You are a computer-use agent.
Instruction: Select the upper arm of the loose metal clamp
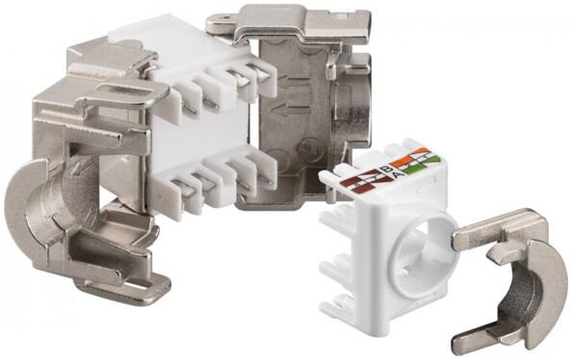point(500,229)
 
